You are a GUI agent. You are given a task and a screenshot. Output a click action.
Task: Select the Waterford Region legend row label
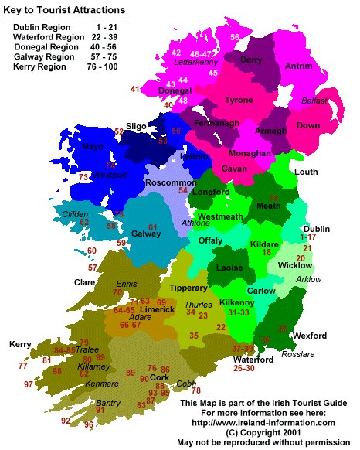point(49,37)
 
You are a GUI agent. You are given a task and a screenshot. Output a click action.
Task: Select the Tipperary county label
point(188,288)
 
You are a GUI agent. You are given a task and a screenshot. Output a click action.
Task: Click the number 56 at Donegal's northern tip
point(235,37)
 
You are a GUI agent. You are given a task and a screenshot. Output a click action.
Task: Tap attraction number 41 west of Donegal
point(135,90)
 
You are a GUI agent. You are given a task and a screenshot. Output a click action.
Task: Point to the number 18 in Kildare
point(267,253)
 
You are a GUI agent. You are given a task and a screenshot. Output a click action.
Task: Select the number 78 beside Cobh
point(195,390)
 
